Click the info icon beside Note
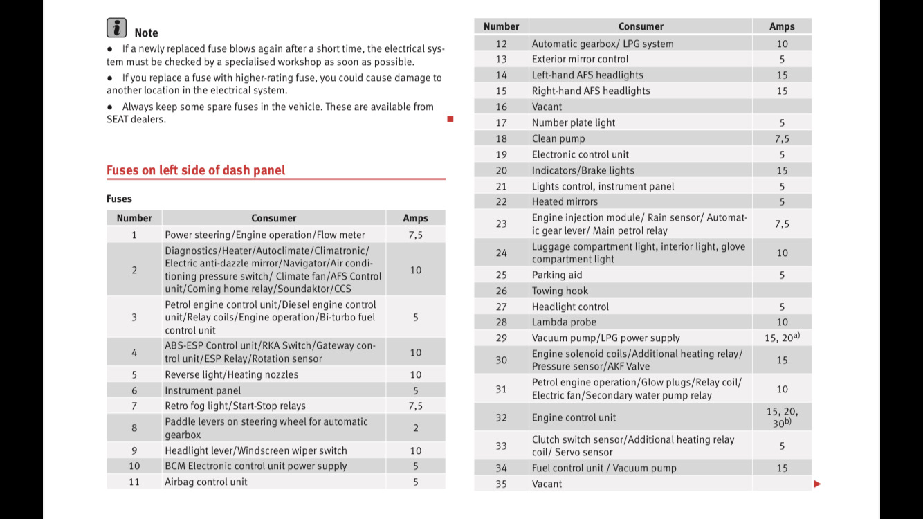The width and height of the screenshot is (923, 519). point(116,28)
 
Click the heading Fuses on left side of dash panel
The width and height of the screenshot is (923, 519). point(196,170)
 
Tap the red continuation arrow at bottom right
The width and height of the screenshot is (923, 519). point(817,484)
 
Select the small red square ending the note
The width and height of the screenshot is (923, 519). point(450,119)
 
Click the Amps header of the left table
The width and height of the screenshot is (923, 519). point(415,218)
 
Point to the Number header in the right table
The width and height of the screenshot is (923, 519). point(501,26)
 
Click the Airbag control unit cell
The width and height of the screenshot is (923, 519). point(205,482)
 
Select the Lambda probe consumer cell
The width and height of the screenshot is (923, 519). point(564,322)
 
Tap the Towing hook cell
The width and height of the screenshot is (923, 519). point(560,291)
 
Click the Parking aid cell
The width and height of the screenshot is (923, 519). point(557,275)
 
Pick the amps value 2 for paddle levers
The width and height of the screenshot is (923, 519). point(415,428)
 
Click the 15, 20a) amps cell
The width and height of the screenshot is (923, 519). point(782,338)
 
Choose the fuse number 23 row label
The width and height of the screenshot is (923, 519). point(501,224)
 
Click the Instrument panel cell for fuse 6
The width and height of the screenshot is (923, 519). point(203,390)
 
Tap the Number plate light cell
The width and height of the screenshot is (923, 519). point(574,122)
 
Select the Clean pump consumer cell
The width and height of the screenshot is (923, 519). point(558,138)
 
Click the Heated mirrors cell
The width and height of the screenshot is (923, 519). point(565,201)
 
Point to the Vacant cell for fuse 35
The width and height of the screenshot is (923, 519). point(547,484)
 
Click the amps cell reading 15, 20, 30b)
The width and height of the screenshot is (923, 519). point(782,417)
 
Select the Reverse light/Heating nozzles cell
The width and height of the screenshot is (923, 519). point(231,374)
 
